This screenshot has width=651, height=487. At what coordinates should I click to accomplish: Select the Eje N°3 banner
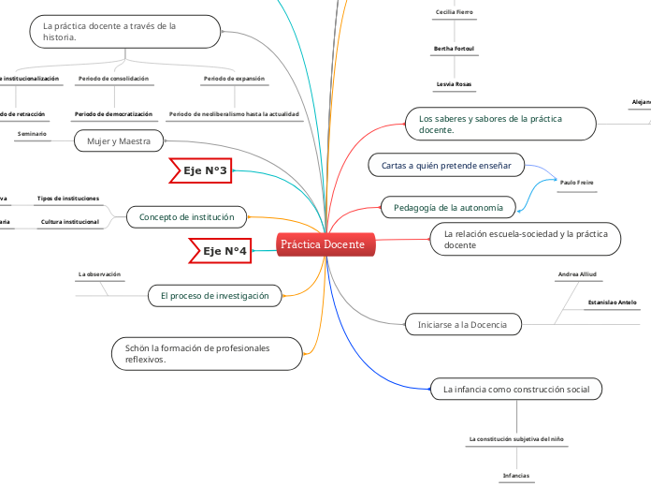200,170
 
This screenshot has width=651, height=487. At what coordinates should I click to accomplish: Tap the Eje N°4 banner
220,251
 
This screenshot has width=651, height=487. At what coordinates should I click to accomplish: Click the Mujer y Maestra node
119,141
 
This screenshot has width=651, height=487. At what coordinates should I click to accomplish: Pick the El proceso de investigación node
215,296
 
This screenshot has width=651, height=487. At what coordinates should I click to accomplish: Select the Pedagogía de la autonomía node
448,207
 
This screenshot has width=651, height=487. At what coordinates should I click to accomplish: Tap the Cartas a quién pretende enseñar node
446,166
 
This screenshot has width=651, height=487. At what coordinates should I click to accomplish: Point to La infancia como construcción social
515,389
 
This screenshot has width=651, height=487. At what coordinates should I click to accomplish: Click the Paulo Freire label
576,182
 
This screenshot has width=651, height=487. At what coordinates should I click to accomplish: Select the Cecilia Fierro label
454,12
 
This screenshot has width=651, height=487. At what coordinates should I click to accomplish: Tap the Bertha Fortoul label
454,48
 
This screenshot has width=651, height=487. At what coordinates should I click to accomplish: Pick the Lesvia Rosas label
454,84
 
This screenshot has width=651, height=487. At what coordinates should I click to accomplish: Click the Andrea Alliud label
576,274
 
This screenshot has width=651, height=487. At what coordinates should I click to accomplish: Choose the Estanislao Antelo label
612,303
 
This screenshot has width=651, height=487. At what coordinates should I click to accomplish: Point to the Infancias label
516,476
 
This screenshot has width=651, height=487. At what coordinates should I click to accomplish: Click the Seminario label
32,135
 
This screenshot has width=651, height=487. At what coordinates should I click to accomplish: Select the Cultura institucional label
69,223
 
